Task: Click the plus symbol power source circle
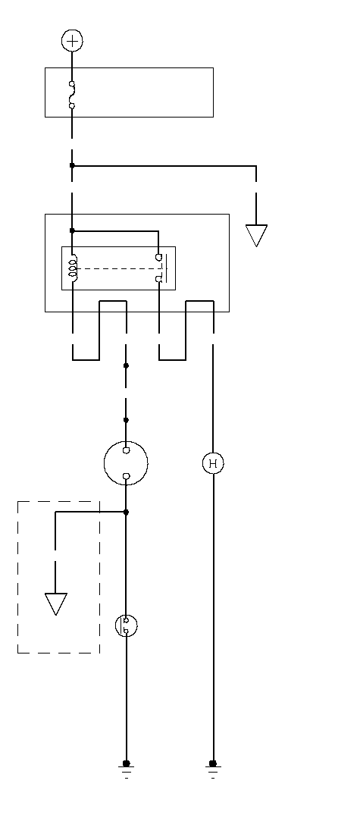(x=72, y=41)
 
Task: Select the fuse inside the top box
(x=72, y=95)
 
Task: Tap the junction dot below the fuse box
(x=72, y=165)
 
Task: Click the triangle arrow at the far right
(x=256, y=236)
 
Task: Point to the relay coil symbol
(x=72, y=268)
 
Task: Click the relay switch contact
(x=161, y=268)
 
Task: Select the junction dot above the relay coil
(x=72, y=231)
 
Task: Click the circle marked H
(x=213, y=463)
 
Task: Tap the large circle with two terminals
(x=126, y=463)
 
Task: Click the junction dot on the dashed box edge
(x=126, y=512)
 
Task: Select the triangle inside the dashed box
(x=56, y=603)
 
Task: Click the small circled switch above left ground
(x=126, y=625)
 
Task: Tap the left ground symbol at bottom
(x=127, y=769)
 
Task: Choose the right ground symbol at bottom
(x=213, y=769)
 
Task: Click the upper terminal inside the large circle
(x=126, y=450)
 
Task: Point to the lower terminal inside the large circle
(x=126, y=476)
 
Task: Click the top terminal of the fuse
(x=72, y=83)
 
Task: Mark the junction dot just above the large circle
(x=126, y=420)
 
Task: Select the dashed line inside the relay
(x=118, y=268)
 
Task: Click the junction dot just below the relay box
(x=126, y=366)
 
